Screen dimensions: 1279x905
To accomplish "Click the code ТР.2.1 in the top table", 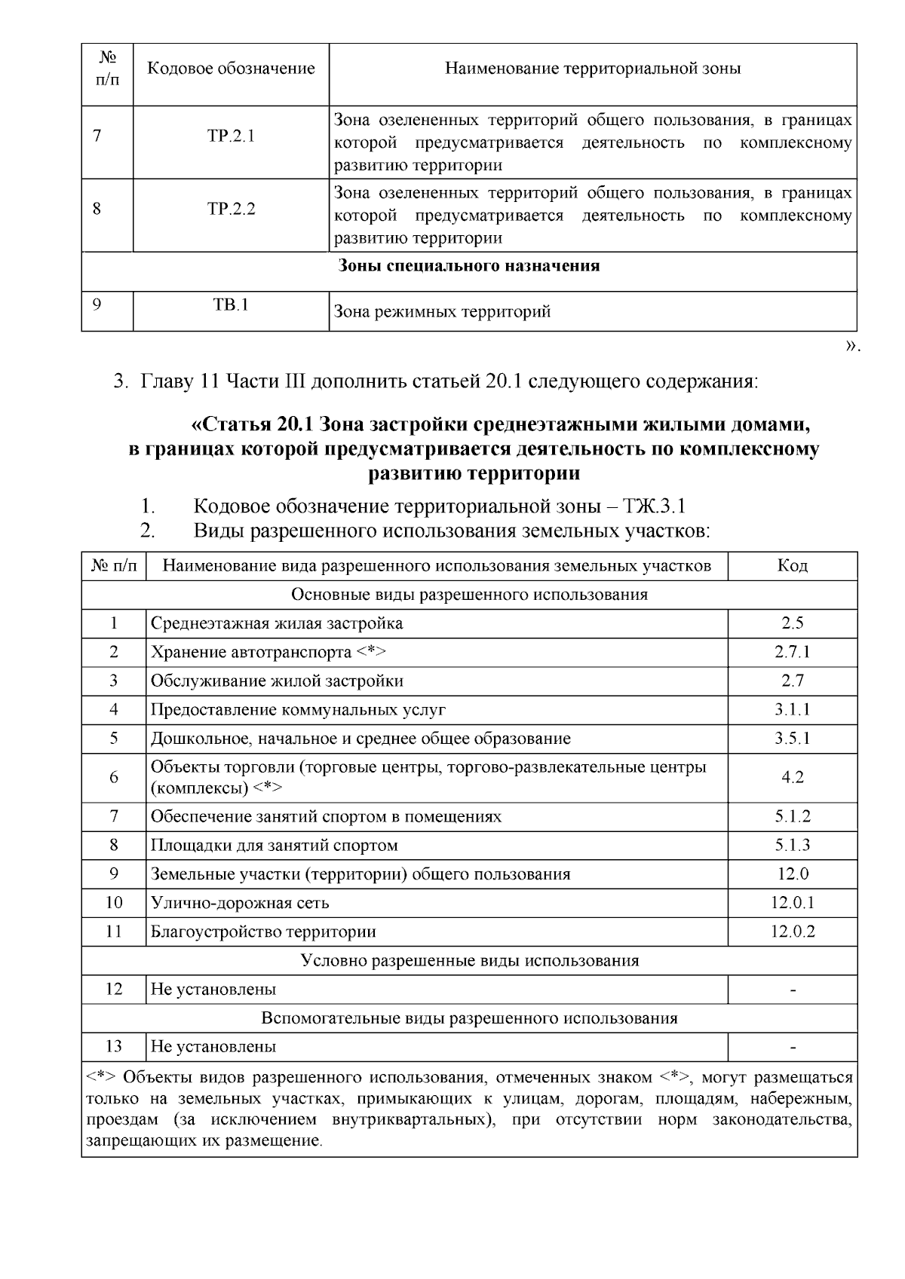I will (231, 136).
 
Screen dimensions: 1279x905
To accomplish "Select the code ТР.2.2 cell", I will (231, 209).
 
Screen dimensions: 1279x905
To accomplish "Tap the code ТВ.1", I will (231, 305).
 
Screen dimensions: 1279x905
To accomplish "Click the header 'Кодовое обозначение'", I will (231, 69).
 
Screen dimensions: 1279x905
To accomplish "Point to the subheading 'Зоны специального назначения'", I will (469, 266).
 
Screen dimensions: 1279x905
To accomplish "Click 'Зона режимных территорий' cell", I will (442, 311).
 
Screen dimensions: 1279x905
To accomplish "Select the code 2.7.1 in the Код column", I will (792, 652).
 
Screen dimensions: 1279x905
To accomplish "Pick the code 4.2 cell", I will (792, 777).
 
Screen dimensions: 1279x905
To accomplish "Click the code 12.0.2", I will (792, 932).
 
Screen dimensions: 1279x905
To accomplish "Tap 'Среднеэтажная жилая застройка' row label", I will (277, 623).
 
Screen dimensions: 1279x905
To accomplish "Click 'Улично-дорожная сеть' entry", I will (240, 903).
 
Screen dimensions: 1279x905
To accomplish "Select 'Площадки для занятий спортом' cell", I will (274, 846).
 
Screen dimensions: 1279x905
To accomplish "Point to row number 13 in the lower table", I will (114, 1046).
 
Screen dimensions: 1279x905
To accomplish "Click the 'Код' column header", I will (792, 566).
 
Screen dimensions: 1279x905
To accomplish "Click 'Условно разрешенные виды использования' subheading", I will (469, 960).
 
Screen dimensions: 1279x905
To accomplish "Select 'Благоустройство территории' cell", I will (263, 932).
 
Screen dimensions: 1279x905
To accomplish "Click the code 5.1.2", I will (792, 817).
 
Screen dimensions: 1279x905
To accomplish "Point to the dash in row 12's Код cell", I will (792, 990).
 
